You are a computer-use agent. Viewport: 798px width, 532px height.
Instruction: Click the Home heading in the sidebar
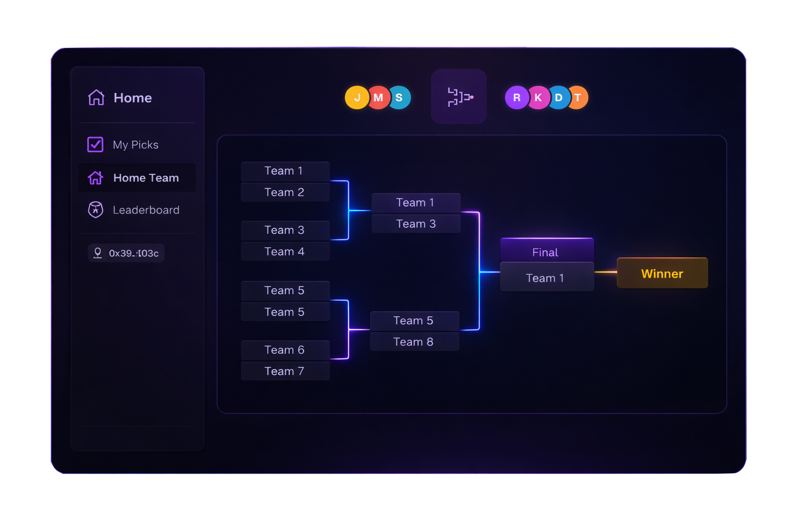point(132,98)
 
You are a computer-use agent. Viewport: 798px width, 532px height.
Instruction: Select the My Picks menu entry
point(136,145)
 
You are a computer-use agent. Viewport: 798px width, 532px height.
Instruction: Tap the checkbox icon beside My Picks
point(96,144)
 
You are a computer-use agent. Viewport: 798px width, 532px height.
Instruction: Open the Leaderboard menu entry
point(145,210)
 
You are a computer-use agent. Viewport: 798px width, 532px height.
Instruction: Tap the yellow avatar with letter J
point(356,98)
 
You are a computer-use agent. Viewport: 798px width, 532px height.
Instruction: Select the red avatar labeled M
point(379,98)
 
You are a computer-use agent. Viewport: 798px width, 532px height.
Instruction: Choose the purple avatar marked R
point(516,98)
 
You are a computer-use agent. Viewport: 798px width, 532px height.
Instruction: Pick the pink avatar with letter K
point(538,98)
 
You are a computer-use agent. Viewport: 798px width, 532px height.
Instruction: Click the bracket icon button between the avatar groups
point(459,97)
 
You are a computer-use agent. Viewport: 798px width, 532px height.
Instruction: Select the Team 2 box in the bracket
point(285,192)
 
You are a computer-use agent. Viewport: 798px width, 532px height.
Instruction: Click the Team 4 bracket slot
point(285,251)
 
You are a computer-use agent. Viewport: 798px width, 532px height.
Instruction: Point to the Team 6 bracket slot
point(285,350)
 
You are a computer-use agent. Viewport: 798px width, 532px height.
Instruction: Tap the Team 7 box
point(285,371)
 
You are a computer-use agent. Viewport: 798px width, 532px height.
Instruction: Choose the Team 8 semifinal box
point(414,342)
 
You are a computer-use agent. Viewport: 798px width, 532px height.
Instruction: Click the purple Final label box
point(546,251)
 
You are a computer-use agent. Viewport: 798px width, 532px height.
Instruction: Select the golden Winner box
point(662,273)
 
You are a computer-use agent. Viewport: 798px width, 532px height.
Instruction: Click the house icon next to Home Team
point(96,178)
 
